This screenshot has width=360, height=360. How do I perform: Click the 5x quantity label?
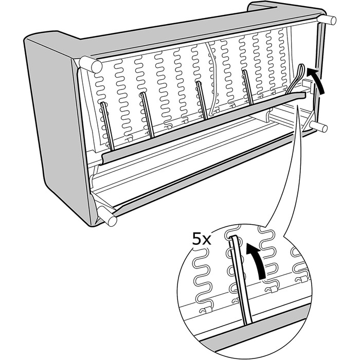[202, 240]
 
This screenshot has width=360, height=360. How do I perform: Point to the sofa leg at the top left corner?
[90, 64]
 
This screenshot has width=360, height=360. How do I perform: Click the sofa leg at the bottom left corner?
[107, 216]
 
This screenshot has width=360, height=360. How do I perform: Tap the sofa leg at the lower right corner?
[319, 127]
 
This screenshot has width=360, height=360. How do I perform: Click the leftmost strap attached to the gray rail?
[107, 127]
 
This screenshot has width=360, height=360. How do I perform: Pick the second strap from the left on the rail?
[147, 115]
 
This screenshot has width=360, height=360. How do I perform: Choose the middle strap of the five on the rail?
[202, 100]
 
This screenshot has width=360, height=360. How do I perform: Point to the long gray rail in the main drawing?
[204, 128]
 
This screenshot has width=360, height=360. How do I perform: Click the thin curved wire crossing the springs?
[212, 78]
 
